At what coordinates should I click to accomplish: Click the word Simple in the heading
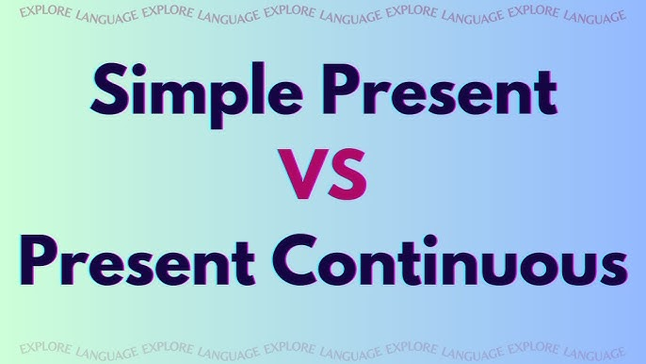coord(197,95)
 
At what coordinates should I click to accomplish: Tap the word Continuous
coord(450,260)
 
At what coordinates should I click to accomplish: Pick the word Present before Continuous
coord(137,261)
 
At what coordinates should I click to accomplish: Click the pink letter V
coord(303,174)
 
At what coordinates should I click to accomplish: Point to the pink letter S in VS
coord(347,174)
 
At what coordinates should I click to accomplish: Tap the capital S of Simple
coord(108,90)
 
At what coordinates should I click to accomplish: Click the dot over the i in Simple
coord(138,69)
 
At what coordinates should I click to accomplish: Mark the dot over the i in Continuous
coord(430,241)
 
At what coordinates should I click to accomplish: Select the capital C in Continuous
coord(295,261)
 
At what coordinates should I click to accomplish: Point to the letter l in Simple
coord(258,89)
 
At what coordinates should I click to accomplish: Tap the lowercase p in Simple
coord(228,103)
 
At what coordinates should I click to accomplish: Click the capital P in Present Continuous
coord(39,261)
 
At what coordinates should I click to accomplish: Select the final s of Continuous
coord(614,267)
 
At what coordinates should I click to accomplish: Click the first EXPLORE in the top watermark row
coord(46,11)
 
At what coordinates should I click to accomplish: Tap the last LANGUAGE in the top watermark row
coord(594,17)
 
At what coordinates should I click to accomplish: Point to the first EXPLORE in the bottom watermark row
coord(46,348)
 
